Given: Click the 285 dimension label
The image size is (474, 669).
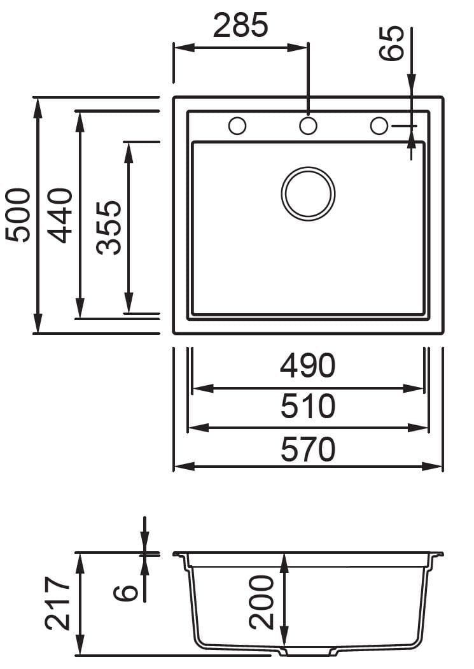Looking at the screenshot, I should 240,26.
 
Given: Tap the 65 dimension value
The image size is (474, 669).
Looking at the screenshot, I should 392,43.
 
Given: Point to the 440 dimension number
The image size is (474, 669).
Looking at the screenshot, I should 61,215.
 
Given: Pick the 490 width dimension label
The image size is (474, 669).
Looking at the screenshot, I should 307,366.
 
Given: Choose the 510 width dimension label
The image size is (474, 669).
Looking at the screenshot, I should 307,406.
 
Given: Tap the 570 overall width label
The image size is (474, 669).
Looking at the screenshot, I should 307,449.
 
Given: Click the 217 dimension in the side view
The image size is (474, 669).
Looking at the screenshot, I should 59,603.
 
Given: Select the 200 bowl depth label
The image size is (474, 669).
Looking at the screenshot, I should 261,602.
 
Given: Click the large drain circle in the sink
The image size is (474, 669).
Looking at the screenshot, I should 308,194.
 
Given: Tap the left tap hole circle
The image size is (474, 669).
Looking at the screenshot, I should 237,126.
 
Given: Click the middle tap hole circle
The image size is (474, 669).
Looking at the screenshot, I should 308,126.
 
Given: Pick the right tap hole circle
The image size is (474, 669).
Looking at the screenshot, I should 379,126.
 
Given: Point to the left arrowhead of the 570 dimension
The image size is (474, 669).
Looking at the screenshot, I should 181,467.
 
